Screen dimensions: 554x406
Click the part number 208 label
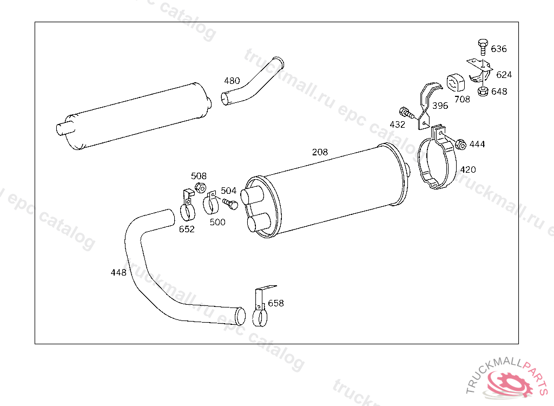[320, 152]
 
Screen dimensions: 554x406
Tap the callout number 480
[232, 81]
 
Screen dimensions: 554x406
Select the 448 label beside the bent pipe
[118, 272]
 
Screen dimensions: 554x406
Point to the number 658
[275, 303]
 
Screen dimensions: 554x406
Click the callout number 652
[187, 229]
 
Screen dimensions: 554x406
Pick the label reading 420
[468, 169]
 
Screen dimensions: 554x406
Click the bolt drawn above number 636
[483, 47]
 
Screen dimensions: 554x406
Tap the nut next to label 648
[482, 91]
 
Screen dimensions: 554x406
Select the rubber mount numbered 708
[456, 83]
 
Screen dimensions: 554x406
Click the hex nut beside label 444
[460, 145]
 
